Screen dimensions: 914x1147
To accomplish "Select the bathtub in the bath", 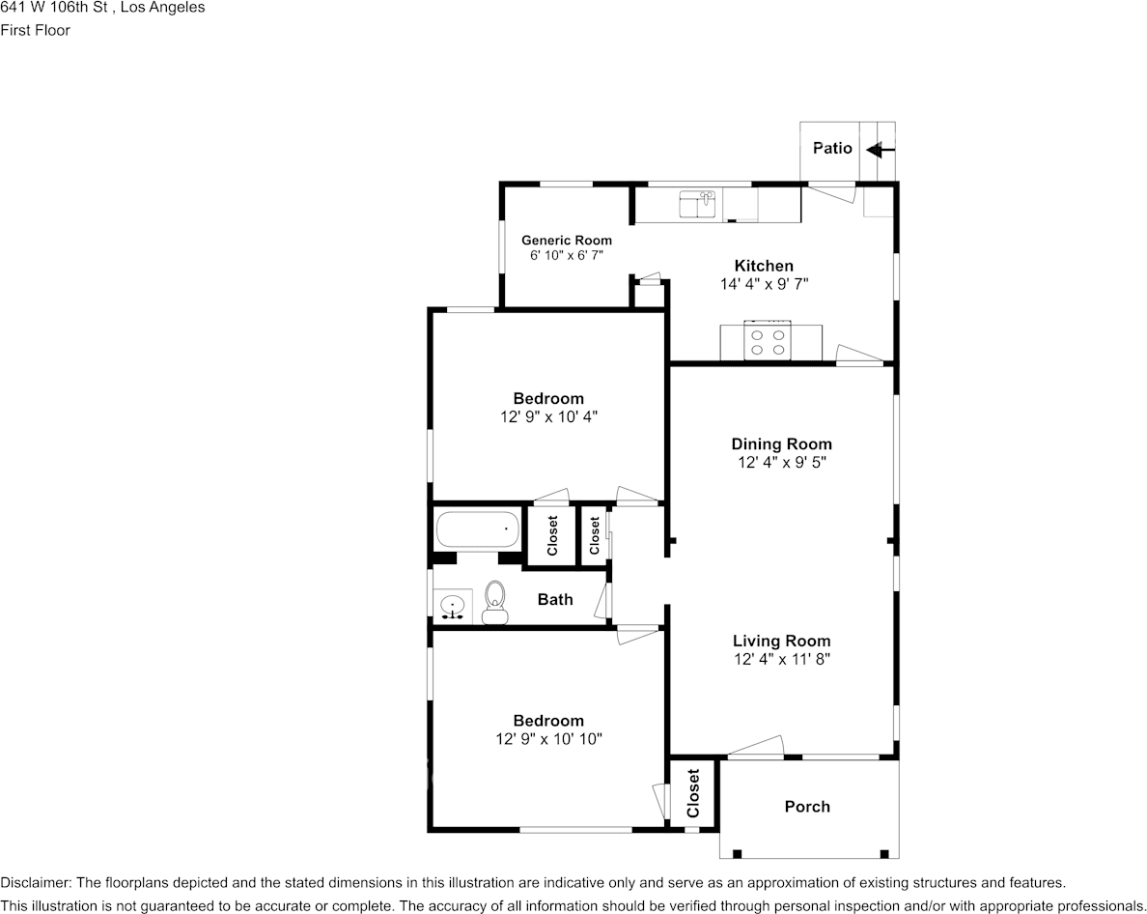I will (x=476, y=530).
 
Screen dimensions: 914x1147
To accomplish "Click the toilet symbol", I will (x=495, y=603).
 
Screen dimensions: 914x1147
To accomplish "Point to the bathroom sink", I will (x=452, y=607).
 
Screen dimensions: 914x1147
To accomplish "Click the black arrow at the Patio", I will (x=880, y=150).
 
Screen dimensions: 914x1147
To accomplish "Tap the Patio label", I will (x=831, y=148).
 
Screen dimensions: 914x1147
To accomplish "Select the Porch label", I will (x=806, y=807).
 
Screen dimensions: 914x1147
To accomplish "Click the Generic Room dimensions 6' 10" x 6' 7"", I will (x=567, y=256).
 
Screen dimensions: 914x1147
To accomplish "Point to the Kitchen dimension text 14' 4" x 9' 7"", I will (x=764, y=284).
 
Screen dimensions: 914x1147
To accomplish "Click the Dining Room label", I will (x=781, y=444).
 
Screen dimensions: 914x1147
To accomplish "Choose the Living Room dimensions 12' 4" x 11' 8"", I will (x=781, y=659).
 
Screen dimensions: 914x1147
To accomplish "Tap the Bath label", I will (x=555, y=599).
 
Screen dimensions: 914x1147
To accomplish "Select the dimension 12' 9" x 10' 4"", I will (x=548, y=416).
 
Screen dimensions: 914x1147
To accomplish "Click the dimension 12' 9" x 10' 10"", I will (x=548, y=739).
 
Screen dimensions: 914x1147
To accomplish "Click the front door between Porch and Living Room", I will (x=755, y=748).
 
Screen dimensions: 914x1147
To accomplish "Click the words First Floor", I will (x=35, y=30).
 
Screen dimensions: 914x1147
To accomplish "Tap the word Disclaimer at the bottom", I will (x=35, y=882).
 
